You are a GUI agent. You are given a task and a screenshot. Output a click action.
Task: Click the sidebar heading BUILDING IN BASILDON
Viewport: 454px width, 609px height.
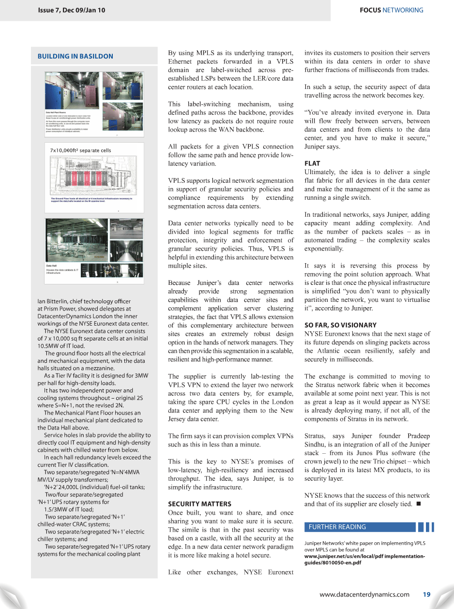[x=76, y=56]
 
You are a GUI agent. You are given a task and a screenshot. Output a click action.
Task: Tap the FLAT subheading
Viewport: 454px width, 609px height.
[x=312, y=163]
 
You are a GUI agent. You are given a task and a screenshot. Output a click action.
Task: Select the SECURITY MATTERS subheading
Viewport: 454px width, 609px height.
[x=199, y=504]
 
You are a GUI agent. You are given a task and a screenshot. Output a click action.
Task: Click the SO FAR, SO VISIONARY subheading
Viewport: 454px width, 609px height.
[x=340, y=325]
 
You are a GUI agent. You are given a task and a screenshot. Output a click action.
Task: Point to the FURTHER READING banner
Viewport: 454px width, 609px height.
[x=360, y=527]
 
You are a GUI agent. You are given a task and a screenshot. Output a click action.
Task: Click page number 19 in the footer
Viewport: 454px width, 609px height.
[x=426, y=594]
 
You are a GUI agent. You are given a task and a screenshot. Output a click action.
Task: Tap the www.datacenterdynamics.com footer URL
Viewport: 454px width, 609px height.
[x=364, y=594]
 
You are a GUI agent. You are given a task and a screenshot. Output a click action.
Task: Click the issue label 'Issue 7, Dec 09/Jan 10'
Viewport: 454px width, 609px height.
[x=71, y=10]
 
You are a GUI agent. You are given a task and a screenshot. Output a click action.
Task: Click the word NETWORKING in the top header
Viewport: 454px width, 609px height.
[x=403, y=10]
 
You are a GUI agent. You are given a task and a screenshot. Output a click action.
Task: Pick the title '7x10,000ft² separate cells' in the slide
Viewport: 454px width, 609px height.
[x=80, y=150]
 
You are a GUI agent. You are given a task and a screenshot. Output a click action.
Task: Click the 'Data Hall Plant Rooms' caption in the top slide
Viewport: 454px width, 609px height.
[x=57, y=111]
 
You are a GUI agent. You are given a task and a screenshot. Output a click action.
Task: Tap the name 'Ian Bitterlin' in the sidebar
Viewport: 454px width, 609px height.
[x=54, y=301]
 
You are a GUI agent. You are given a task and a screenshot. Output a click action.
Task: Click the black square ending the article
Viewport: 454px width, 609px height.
[x=418, y=504]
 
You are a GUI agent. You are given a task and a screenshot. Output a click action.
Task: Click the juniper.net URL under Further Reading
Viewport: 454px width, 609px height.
[x=364, y=559]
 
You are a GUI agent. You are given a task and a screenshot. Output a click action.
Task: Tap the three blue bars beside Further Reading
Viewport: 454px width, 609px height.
[x=426, y=527]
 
